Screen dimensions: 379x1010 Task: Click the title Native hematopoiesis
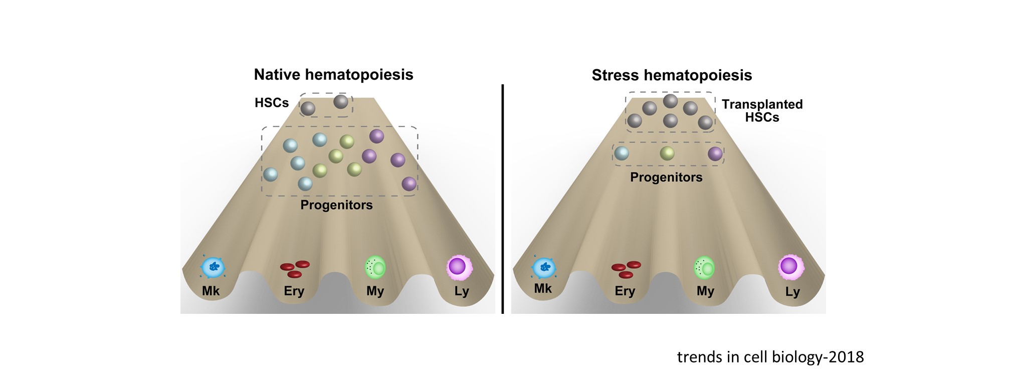click(333, 75)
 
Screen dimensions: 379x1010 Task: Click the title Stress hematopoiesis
click(672, 75)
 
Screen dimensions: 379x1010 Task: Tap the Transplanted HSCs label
click(762, 111)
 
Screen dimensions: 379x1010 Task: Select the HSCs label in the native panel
click(272, 103)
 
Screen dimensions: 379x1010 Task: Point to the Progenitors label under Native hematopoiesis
click(336, 205)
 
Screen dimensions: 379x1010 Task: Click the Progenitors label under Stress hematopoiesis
click(666, 177)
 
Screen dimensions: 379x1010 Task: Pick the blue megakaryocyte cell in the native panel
click(213, 268)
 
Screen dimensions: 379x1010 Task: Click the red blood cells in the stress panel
click(626, 269)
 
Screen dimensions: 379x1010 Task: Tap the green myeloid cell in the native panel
click(375, 267)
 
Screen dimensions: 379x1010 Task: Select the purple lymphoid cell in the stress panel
click(790, 266)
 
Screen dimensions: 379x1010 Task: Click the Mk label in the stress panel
click(543, 289)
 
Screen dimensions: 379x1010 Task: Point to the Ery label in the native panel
click(294, 291)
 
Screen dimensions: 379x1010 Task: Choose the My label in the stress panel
click(705, 291)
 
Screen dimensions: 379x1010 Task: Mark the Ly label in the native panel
click(462, 292)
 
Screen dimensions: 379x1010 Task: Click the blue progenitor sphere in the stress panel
click(622, 153)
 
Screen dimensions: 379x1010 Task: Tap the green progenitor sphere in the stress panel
click(667, 153)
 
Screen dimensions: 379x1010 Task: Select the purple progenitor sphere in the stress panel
click(715, 153)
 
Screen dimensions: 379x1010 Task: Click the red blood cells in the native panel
click(295, 269)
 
